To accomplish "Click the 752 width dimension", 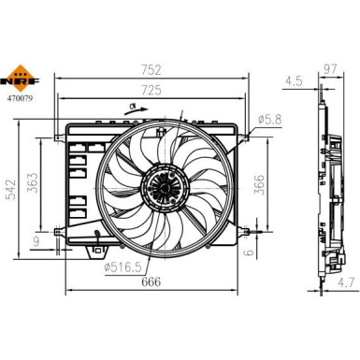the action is pos(151,70).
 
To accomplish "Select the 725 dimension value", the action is pos(151,90).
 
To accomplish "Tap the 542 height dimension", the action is pos(11,189).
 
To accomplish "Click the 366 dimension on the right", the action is pos(259,184).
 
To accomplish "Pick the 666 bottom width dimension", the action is pos(151,281).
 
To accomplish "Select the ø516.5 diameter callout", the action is pos(122,267).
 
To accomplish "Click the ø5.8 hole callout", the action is pos(270,119).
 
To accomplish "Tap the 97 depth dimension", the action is pos(330,69).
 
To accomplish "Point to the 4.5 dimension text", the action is pos(294,81).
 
